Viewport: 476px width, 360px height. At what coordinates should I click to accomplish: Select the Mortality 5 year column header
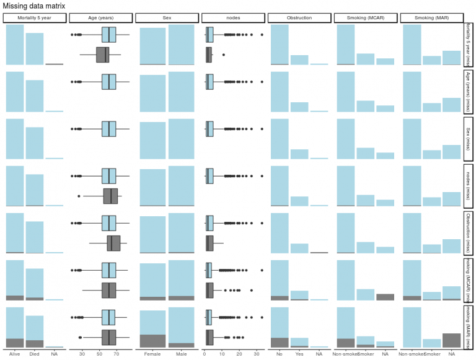34,18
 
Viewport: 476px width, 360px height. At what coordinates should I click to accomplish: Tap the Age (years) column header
100,18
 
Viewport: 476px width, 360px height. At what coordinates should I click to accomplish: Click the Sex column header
166,18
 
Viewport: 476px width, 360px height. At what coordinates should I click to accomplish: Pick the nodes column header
232,18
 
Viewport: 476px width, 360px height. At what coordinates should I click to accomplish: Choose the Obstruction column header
299,18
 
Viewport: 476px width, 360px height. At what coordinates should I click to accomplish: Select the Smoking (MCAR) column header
365,18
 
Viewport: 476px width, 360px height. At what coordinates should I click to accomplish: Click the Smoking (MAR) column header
431,18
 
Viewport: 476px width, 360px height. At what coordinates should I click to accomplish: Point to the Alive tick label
15,354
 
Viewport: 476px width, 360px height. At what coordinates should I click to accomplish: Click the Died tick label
35,354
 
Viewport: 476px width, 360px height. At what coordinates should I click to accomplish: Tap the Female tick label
152,354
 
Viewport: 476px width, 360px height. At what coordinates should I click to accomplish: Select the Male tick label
181,354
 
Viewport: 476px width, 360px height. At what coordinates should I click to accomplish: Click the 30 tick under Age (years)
82,354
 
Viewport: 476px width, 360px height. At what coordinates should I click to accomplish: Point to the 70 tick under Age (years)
116,354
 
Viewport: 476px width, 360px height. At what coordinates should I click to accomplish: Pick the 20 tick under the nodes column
239,354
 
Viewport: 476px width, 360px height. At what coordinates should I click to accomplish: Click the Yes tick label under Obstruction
299,354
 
